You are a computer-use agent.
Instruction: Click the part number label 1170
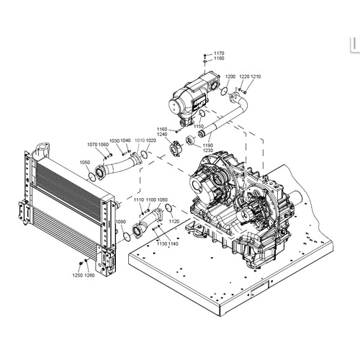[219, 53]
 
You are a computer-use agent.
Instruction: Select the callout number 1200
[230, 76]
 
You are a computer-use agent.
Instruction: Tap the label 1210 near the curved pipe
[256, 76]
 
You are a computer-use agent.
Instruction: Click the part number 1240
[162, 135]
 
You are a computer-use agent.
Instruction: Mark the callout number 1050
[85, 163]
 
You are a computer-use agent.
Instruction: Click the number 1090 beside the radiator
[121, 221]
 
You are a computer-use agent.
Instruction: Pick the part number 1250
[78, 275]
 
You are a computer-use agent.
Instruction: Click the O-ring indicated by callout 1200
[225, 91]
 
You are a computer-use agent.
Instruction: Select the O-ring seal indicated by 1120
[168, 208]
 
